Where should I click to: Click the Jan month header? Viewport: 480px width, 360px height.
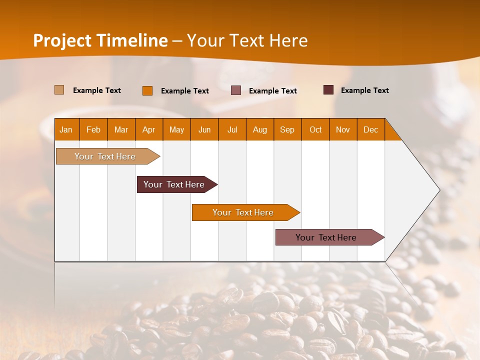point(66,129)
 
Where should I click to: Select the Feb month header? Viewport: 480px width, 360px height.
point(93,129)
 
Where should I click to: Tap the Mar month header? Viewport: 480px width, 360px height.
point(121,129)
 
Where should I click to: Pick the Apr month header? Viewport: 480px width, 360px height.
point(149,129)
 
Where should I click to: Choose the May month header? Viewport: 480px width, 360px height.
point(176,129)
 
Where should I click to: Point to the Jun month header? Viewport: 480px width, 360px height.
point(204,129)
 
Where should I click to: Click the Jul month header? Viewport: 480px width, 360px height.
point(232,129)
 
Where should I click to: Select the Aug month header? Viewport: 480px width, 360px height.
point(260,129)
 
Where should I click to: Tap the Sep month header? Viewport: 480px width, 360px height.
point(287,129)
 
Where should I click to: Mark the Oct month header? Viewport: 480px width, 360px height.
point(315,129)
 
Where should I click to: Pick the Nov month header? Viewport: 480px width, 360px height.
point(343,129)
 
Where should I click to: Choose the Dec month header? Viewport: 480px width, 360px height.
point(370,129)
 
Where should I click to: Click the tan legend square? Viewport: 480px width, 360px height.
point(59,90)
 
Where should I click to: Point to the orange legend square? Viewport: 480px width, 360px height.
point(147,90)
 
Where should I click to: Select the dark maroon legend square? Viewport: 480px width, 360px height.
point(328,90)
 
